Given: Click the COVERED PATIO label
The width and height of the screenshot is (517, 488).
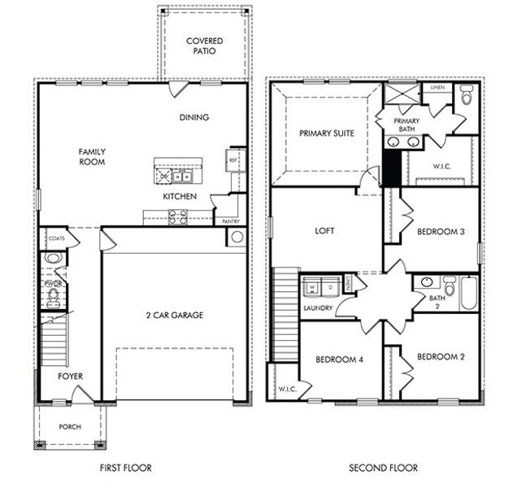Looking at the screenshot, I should (204, 46).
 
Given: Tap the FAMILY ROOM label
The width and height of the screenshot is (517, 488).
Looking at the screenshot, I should (92, 156).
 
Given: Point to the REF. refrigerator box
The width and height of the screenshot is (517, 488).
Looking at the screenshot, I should (234, 160).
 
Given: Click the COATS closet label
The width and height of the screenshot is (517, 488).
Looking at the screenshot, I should (56, 238).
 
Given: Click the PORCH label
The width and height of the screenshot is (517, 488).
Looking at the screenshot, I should (69, 425).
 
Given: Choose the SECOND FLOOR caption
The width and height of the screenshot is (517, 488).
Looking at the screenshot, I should (383, 468).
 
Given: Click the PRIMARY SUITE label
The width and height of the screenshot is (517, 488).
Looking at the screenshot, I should (326, 133).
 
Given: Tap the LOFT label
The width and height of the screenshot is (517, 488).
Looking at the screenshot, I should (325, 231).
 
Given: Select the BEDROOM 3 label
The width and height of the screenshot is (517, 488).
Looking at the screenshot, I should (440, 232).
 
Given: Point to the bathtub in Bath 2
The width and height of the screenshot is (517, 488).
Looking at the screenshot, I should (469, 293).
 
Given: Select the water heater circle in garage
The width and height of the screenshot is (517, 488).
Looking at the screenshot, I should (237, 237).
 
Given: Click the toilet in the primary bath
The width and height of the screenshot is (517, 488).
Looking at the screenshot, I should (467, 96).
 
